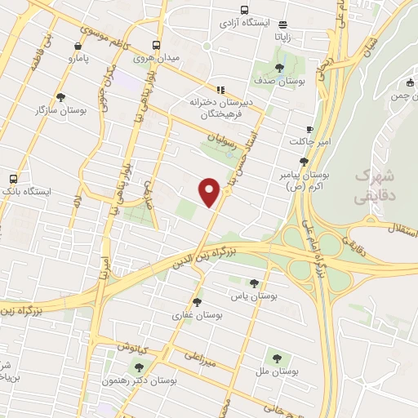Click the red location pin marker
click(210, 191)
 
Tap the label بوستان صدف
click(281, 82)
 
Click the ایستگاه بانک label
click(26, 191)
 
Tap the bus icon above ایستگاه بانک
click(13, 178)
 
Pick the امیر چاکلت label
click(308, 142)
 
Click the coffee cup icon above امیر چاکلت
click(309, 129)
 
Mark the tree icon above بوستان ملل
click(275, 358)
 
